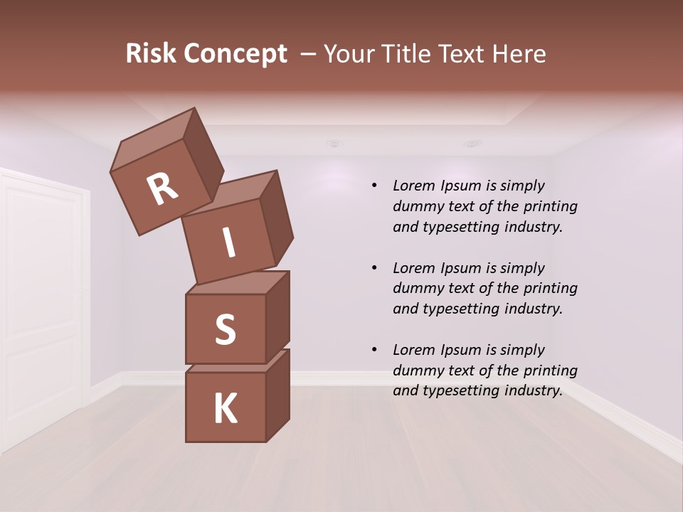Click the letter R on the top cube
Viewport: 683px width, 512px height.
tap(163, 189)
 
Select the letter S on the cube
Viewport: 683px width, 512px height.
tap(226, 329)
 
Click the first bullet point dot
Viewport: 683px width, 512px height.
tap(374, 186)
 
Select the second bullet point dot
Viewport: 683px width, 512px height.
tap(374, 268)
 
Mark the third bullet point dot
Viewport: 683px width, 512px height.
tap(374, 350)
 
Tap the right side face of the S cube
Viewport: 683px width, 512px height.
tap(277, 316)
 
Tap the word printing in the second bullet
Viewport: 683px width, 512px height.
tap(551, 288)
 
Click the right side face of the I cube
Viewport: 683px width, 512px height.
tap(276, 218)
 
